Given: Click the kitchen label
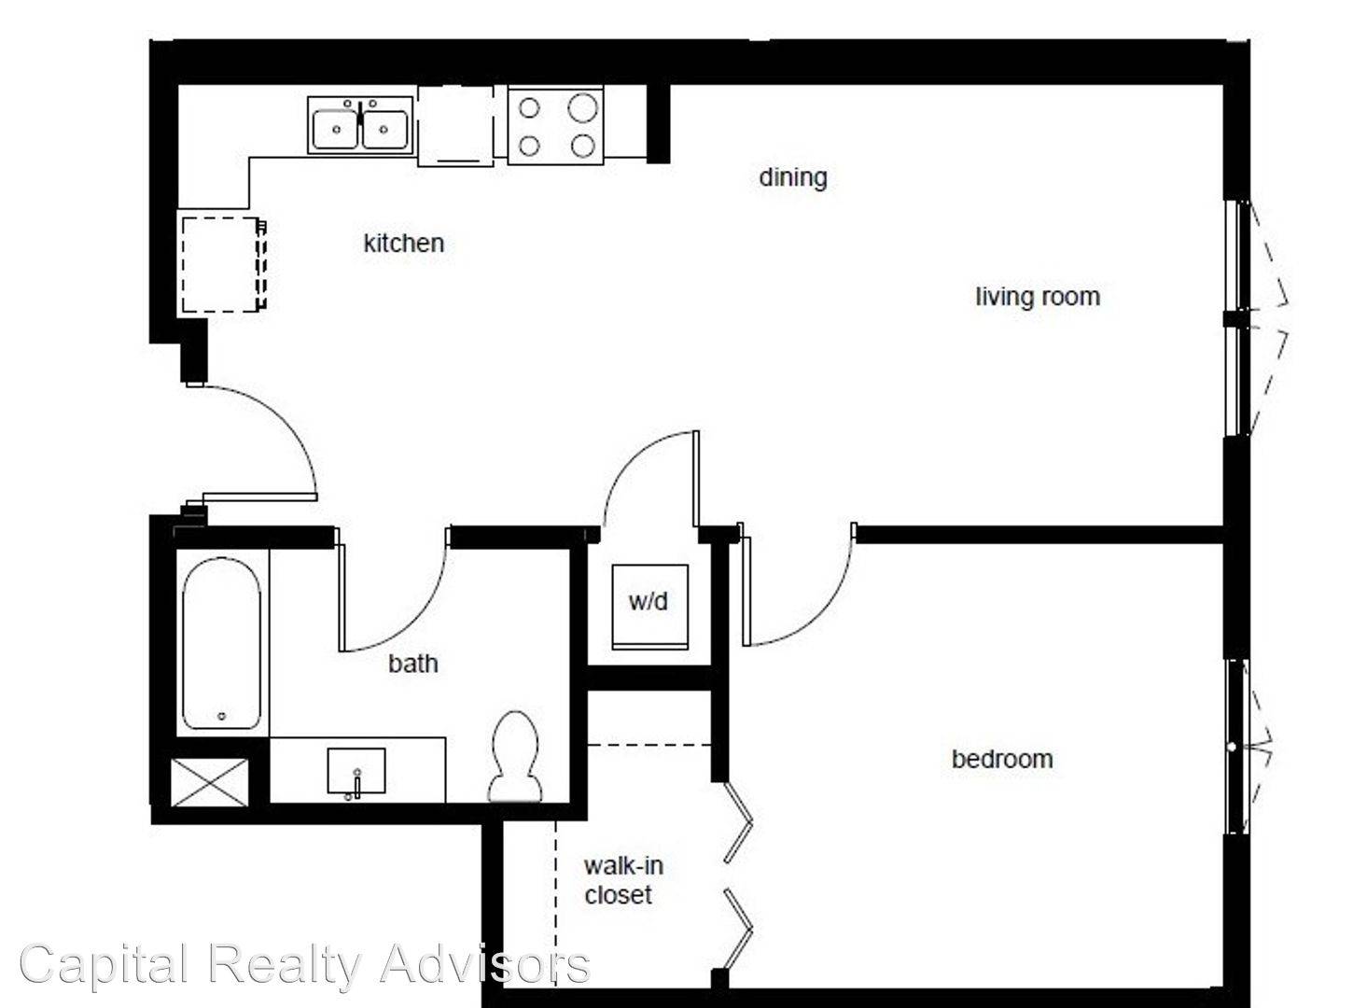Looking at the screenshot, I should click(x=403, y=244).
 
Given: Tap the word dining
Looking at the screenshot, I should click(x=792, y=177).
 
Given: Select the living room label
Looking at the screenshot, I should click(x=1037, y=297).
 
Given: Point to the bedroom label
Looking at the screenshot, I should click(x=1002, y=759).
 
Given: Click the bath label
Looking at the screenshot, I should click(x=412, y=664).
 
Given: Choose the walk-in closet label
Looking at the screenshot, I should click(x=622, y=880).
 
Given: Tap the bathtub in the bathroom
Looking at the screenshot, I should click(x=221, y=644).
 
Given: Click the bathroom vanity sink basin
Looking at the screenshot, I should click(x=356, y=772).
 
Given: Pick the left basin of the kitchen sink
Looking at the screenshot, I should click(x=336, y=130).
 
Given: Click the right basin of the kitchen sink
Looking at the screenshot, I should click(x=384, y=130).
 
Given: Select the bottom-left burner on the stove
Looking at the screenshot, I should click(x=529, y=146).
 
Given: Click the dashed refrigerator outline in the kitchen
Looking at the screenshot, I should click(x=220, y=264).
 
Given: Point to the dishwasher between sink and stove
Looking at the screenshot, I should click(x=454, y=126).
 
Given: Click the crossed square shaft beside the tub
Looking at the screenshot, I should click(x=211, y=782).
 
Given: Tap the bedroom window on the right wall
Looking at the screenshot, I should click(x=1236, y=747).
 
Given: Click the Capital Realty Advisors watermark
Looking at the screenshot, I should click(x=303, y=964).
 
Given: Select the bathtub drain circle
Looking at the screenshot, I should click(x=221, y=716).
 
